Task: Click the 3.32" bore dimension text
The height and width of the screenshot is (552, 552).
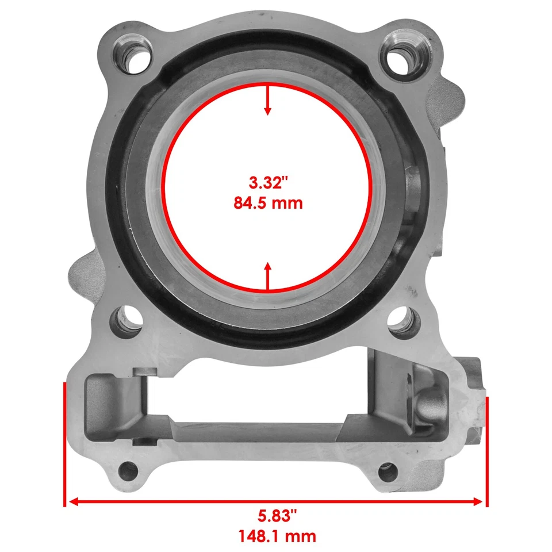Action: [267, 183]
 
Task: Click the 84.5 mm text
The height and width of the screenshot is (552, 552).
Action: [267, 203]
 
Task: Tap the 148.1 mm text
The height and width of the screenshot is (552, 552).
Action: [277, 536]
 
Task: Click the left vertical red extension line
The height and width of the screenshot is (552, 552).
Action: [63, 443]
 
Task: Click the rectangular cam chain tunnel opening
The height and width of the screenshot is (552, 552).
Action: [253, 402]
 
